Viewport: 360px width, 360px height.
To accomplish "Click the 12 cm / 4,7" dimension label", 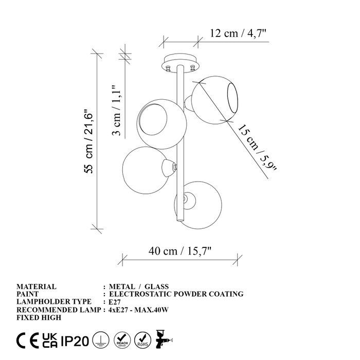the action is [238, 33].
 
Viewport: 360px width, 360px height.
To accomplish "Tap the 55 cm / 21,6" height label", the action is [88, 141].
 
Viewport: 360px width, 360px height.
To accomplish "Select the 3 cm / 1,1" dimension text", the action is [117, 111].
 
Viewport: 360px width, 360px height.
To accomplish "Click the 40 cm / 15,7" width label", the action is [180, 251].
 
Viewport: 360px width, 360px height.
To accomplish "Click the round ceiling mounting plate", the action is [181, 63].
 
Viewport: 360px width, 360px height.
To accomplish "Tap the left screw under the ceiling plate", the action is [168, 68].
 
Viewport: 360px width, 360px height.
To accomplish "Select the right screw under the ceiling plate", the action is [192, 68].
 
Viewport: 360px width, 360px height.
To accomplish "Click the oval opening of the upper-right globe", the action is [232, 98].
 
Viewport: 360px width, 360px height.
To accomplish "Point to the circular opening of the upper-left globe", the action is [153, 119].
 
